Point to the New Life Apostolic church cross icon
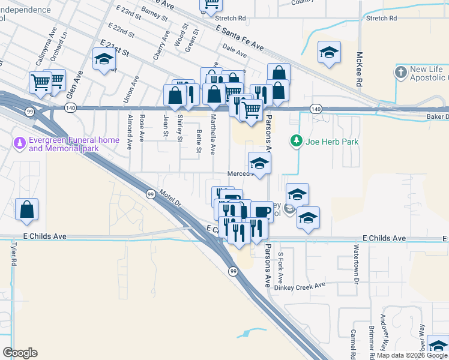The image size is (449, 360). [x=401, y=73]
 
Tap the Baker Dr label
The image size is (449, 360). [x=438, y=116]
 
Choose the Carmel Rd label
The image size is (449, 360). [x=354, y=341]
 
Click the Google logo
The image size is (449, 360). [x=20, y=353]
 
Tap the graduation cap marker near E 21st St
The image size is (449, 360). [x=104, y=59]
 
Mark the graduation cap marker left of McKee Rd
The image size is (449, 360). [x=329, y=52]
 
